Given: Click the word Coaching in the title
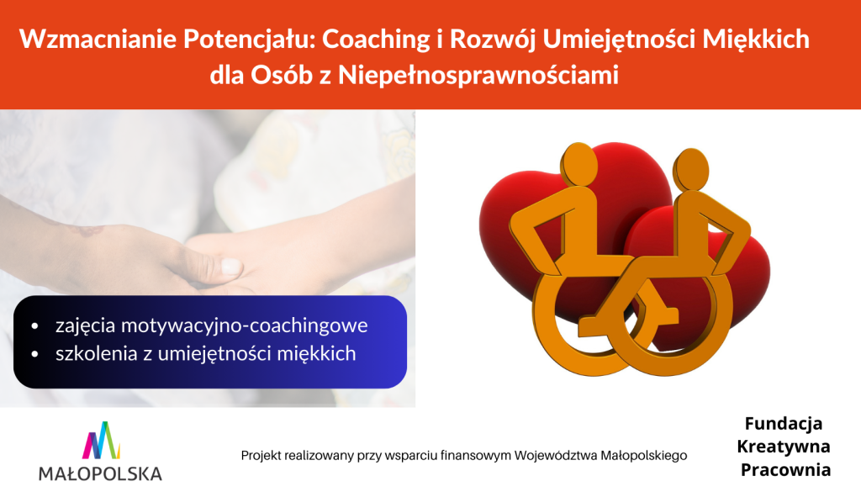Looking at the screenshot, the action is point(376,40).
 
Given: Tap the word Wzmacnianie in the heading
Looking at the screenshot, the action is point(98,39).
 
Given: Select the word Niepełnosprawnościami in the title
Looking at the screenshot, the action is point(478,76).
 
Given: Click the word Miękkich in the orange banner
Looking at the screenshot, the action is point(756,39).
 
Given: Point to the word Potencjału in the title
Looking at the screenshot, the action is point(250,40).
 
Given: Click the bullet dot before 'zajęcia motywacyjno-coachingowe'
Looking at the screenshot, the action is point(35,326).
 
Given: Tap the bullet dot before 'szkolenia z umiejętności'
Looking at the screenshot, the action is point(35,354).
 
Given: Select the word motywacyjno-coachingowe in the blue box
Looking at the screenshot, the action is point(245,325).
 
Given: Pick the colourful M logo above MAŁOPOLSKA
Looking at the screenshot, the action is point(102,441).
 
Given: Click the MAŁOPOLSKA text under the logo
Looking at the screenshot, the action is point(101,473).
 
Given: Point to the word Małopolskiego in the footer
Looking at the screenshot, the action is point(643,456).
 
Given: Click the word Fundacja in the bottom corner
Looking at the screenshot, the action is point(784,423).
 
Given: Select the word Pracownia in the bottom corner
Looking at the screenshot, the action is point(786,470).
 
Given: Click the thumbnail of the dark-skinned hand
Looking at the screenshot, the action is point(232,267).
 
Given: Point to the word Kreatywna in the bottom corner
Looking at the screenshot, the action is point(784,447).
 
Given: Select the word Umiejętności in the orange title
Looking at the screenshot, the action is point(620,40).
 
